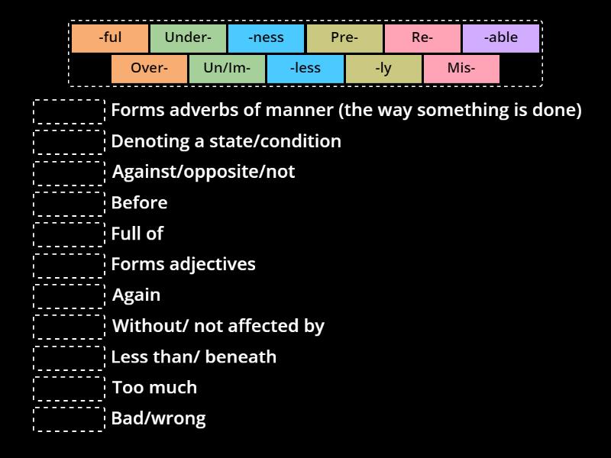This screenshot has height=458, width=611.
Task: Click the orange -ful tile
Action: [110, 38]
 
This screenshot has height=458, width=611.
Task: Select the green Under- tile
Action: [188, 38]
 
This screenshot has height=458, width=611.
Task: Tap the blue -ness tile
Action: [267, 38]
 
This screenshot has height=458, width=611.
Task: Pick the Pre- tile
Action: [344, 38]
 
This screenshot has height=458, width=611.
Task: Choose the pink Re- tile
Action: [422, 38]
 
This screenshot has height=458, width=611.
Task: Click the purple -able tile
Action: [500, 38]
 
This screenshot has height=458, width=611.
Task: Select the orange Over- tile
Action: [149, 69]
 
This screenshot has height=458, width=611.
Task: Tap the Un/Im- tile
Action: [227, 69]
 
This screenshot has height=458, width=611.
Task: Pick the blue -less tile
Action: [305, 69]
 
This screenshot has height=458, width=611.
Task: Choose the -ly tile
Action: [383, 69]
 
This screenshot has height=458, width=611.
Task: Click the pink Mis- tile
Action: [461, 69]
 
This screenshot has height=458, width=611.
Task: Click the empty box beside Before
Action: [69, 204]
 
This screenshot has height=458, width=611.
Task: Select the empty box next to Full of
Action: [69, 234]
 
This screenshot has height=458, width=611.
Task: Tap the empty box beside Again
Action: [69, 296]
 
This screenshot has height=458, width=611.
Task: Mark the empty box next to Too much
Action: [69, 389]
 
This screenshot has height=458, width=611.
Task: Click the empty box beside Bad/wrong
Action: [69, 419]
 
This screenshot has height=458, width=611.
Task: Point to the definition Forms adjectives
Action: [183, 265]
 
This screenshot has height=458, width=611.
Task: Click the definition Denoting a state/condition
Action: [226, 142]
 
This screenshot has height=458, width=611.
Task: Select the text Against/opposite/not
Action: [203, 173]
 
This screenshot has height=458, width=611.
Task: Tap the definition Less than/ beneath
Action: [194, 357]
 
